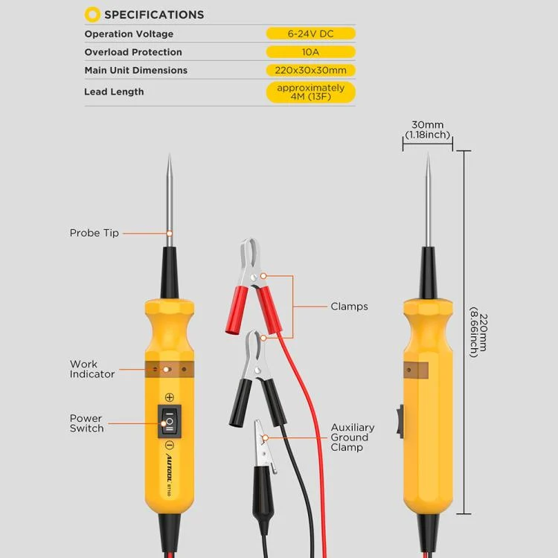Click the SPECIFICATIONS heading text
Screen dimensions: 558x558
pos(153,14)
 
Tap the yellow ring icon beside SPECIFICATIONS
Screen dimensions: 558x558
pos(92,14)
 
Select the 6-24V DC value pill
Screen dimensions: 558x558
pos(310,33)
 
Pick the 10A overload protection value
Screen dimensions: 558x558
pos(310,52)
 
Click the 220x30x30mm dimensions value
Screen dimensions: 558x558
pos(310,70)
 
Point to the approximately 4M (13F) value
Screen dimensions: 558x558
pos(310,92)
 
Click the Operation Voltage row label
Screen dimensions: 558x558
pos(129,34)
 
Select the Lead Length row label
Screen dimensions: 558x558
pos(114,92)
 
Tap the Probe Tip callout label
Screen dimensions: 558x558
pos(94,233)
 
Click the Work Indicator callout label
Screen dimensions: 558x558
pos(92,369)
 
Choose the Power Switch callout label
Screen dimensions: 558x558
pos(86,423)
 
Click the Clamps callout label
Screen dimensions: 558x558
pos(349,306)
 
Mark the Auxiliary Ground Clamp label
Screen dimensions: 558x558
pos(353,437)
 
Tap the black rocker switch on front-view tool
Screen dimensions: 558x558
pos(170,422)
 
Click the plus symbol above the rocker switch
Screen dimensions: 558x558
pos(170,397)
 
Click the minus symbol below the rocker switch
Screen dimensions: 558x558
pos(170,446)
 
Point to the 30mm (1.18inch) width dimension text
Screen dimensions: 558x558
pos(427,130)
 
